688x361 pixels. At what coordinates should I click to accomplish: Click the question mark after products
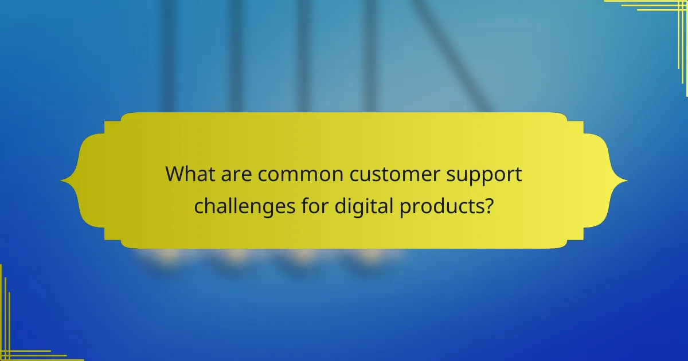[487, 205]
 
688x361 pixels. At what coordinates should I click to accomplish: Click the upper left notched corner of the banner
[112, 121]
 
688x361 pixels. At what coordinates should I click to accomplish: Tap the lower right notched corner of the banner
[576, 240]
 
